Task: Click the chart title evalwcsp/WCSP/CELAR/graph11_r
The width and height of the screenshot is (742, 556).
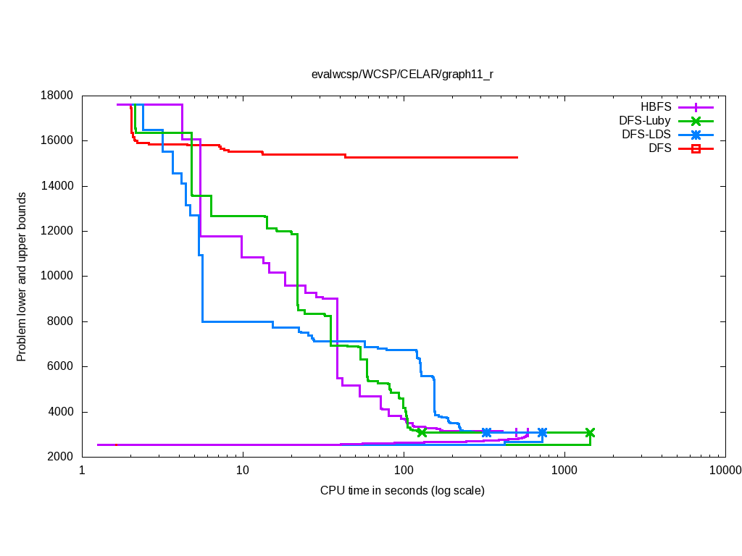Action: tap(402, 74)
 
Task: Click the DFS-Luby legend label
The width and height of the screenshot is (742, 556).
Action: tap(645, 121)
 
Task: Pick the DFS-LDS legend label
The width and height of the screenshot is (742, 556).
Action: tap(646, 135)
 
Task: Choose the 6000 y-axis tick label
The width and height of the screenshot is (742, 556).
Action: tap(61, 367)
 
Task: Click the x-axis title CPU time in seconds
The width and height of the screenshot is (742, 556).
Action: tap(402, 491)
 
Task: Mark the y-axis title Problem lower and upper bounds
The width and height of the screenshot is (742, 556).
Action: tap(22, 277)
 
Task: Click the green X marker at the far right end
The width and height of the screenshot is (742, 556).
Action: tap(590, 433)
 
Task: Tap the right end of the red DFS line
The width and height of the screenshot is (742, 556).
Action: tap(517, 157)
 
